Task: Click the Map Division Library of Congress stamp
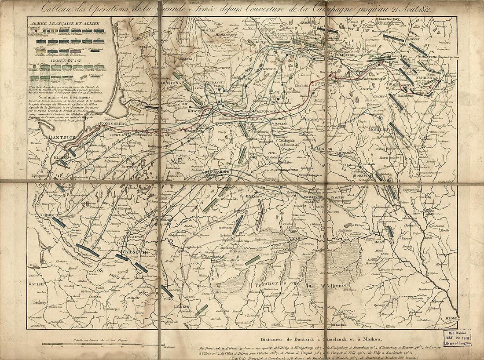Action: (x=456, y=337)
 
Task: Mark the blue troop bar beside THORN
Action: (x=58, y=222)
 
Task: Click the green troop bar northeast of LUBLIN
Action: (x=202, y=310)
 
